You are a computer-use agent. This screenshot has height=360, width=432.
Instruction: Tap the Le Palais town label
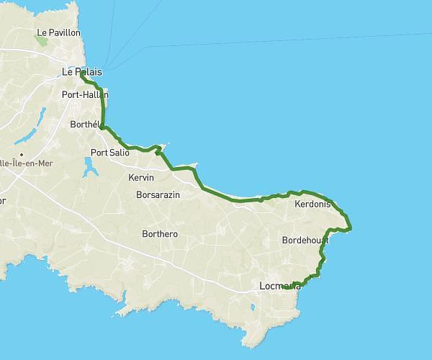(x=81, y=72)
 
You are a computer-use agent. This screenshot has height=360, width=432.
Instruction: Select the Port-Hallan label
(x=85, y=94)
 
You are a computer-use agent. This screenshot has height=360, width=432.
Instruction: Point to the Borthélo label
(x=88, y=125)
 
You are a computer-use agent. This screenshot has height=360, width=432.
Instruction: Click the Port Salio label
(x=109, y=152)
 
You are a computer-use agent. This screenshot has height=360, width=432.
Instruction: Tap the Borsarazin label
(x=159, y=194)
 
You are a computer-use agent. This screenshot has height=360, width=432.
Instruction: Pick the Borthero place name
(x=160, y=234)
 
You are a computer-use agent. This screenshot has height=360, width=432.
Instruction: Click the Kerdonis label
(x=312, y=204)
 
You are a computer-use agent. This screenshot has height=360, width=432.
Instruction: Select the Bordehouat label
(x=305, y=240)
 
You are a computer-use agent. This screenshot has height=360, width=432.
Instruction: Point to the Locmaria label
(x=279, y=287)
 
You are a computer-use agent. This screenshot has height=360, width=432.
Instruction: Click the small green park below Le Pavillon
(x=42, y=42)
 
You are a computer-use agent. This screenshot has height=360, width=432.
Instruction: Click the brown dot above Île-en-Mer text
(x=22, y=154)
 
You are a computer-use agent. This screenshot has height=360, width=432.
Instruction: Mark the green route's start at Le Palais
(x=81, y=73)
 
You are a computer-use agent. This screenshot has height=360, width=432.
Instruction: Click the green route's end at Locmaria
(x=294, y=284)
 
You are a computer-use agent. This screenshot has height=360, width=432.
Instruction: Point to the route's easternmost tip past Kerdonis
(x=351, y=228)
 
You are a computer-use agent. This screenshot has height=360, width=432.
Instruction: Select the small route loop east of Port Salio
(x=158, y=151)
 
